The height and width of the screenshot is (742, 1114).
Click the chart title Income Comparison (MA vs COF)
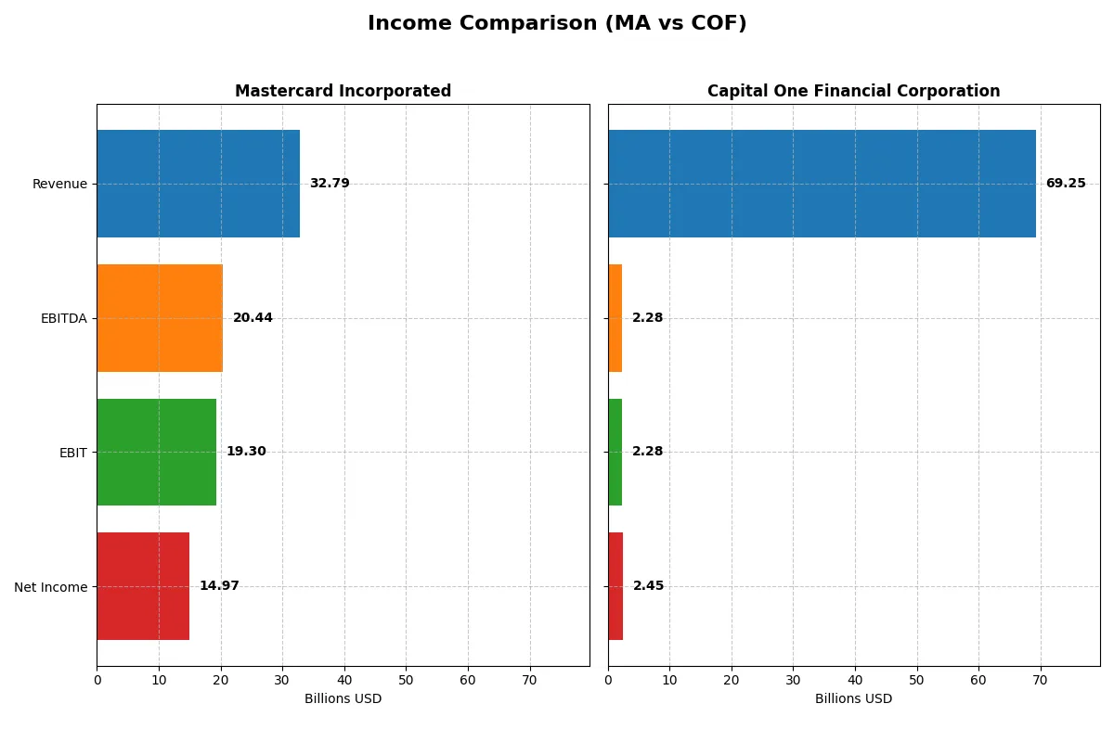(x=557, y=24)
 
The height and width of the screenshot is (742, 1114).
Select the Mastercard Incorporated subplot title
(x=343, y=91)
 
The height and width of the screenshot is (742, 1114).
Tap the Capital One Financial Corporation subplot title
(x=853, y=91)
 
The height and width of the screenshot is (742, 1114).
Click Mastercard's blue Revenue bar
(x=198, y=184)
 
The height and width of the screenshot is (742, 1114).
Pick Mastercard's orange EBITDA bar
(x=160, y=318)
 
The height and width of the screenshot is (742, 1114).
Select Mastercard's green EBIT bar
(x=156, y=452)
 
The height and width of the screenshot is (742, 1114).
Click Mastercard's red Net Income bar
(x=143, y=586)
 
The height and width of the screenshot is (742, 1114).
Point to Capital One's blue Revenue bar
(x=822, y=184)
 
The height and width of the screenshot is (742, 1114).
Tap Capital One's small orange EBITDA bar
(x=615, y=318)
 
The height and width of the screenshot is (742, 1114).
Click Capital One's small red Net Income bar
(x=615, y=586)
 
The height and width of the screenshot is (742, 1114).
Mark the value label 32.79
(x=330, y=184)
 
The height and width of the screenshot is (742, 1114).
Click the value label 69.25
(x=1065, y=184)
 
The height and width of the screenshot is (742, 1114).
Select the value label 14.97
(x=219, y=586)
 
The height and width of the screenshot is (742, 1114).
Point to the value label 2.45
(x=648, y=586)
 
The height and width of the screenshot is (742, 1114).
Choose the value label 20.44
(x=253, y=318)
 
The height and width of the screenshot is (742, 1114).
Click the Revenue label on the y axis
(x=59, y=184)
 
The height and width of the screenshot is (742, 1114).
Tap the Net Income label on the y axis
(x=51, y=586)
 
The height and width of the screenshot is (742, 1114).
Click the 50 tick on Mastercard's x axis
(x=406, y=680)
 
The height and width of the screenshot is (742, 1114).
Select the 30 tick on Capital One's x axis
(x=793, y=680)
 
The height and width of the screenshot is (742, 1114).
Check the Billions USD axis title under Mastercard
(x=343, y=698)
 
